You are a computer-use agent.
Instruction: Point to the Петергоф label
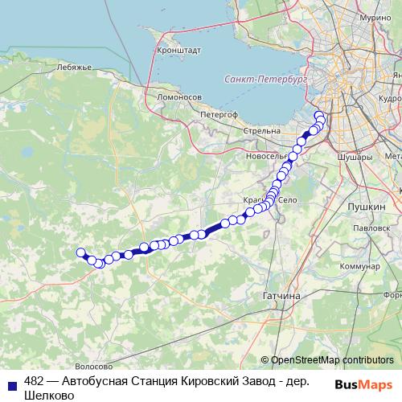pos(219,115)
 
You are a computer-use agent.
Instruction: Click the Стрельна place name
pos(263,129)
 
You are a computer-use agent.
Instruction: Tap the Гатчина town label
pos(281,296)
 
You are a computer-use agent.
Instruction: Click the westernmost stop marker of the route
pos(80,253)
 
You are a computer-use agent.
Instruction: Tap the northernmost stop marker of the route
pos(318,114)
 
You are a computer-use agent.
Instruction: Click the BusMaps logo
pos(363,385)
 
